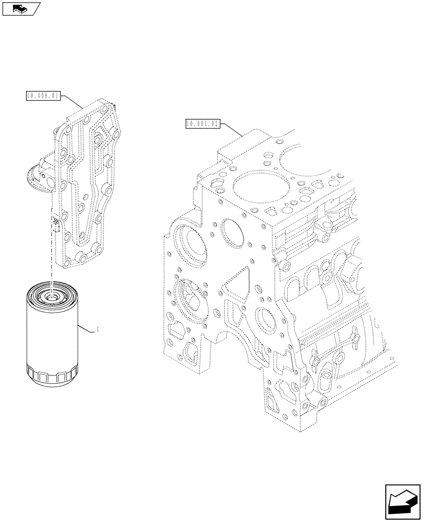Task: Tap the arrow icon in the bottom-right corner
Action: pos(400,501)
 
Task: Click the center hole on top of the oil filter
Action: pos(52,299)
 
